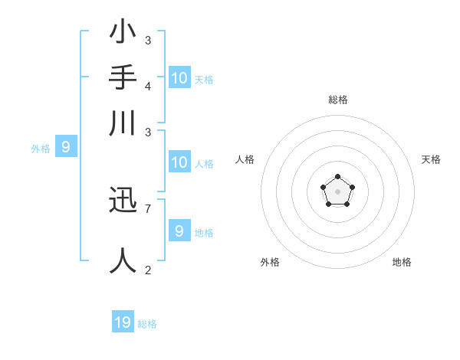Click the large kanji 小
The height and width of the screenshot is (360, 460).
point(123,34)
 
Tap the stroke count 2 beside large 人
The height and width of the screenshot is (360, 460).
point(148,270)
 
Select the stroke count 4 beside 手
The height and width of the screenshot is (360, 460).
point(148,85)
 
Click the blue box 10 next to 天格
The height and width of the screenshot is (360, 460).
point(179,78)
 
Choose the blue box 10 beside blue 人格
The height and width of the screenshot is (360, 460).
point(179,162)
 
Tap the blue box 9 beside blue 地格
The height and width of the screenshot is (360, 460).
point(179,231)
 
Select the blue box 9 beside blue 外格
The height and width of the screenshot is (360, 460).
point(65,147)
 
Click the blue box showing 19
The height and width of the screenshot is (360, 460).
point(123,322)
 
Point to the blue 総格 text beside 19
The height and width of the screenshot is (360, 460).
point(148,324)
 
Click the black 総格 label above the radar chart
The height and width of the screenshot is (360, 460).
point(337,100)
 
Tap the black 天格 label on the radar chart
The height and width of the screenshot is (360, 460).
point(432,159)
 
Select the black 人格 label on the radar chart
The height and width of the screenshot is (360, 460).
point(245,159)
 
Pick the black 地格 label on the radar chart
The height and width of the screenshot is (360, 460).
point(402,262)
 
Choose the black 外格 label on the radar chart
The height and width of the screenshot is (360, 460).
point(270,262)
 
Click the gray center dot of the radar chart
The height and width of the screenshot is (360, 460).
point(337,191)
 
